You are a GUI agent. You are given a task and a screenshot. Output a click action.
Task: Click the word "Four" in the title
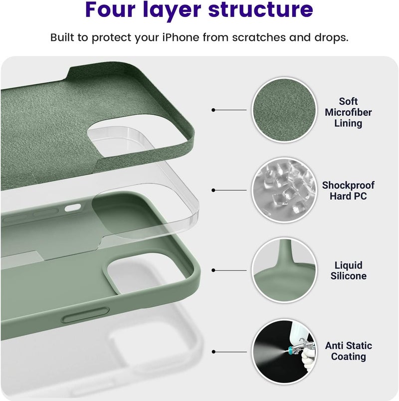pyautogui.click(x=110, y=9)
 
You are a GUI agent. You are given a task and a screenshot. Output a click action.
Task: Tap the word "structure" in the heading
pyautogui.click(x=260, y=9)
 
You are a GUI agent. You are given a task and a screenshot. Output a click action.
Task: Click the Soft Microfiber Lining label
pyautogui.click(x=348, y=112)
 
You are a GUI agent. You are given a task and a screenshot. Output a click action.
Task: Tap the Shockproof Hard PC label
pyautogui.click(x=348, y=191)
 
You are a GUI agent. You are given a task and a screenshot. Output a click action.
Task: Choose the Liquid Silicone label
pyautogui.click(x=349, y=271)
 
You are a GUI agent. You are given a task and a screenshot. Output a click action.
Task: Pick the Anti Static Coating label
pyautogui.click(x=349, y=351)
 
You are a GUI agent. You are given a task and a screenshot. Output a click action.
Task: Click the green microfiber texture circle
pyautogui.click(x=284, y=110)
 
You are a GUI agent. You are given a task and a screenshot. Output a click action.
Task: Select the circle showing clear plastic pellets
pyautogui.click(x=284, y=190)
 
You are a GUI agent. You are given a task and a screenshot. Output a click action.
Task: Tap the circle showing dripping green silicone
pyautogui.click(x=284, y=270)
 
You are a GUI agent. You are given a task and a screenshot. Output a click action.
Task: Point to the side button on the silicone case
pyautogui.click(x=86, y=315)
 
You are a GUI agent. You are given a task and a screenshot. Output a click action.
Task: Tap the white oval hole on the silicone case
pyautogui.click(x=73, y=208)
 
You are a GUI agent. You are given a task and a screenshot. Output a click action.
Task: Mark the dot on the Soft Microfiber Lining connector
pyautogui.click(x=213, y=110)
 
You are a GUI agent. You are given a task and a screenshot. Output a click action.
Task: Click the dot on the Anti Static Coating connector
pyautogui.click(x=213, y=352)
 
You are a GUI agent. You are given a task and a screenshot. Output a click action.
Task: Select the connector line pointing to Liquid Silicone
pyautogui.click(x=229, y=270)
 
